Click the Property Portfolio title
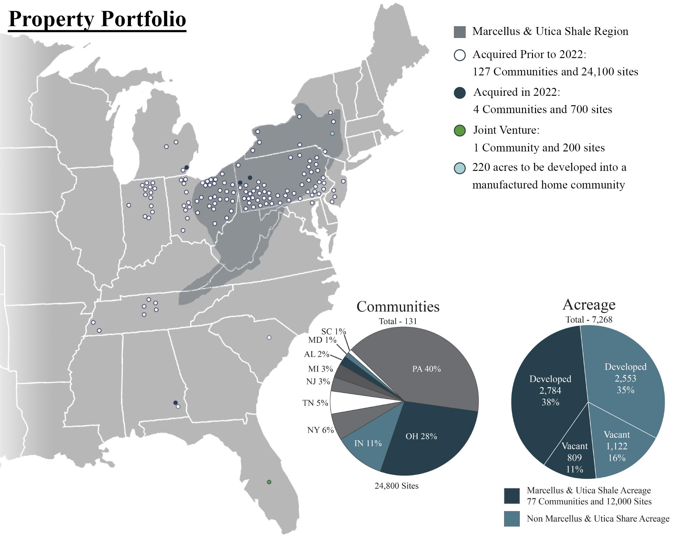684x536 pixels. pyautogui.click(x=97, y=20)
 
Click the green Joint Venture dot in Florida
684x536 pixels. pyautogui.click(x=269, y=482)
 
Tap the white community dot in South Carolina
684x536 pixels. pyautogui.click(x=269, y=338)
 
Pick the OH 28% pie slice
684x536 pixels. pyautogui.click(x=430, y=439)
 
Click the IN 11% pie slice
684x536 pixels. pyautogui.click(x=370, y=442)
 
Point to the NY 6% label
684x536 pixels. pyautogui.click(x=320, y=430)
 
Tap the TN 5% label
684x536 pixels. pyautogui.click(x=315, y=403)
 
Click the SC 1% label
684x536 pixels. pyautogui.click(x=333, y=331)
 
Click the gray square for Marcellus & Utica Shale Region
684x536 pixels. pyautogui.click(x=460, y=32)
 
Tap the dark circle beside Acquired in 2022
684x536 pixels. pyautogui.click(x=460, y=93)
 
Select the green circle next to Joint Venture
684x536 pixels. pyautogui.click(x=460, y=130)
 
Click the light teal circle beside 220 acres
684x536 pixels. pyautogui.click(x=460, y=168)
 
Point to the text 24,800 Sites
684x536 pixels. pyautogui.click(x=397, y=486)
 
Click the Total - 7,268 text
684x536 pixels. pyautogui.click(x=589, y=320)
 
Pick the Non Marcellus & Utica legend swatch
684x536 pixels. pyautogui.click(x=512, y=518)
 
